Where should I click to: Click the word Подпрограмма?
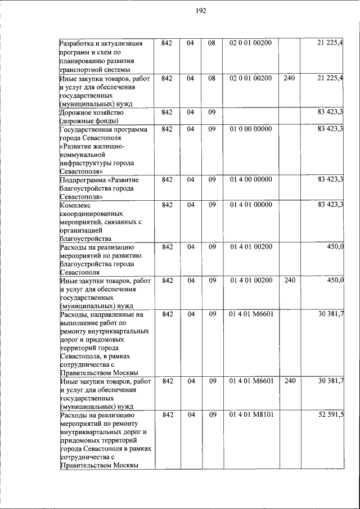point(83,180)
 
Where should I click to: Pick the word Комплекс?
point(75,205)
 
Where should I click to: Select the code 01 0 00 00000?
point(250,129)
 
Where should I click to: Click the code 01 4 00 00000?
point(250,180)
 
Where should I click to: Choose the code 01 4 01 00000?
point(250,205)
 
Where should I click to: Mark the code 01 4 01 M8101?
point(251,415)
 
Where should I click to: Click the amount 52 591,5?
point(331,415)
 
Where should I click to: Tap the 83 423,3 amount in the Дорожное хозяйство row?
point(331,112)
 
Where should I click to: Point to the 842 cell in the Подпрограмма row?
point(166,180)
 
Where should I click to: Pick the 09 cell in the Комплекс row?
point(212,205)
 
